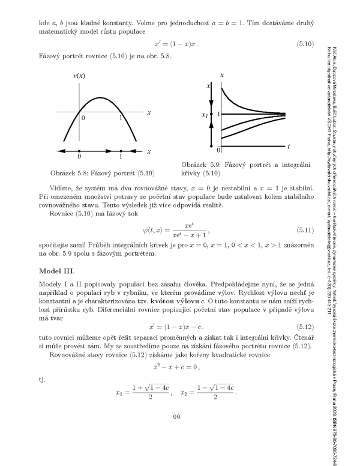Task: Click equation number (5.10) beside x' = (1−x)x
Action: coord(308,44)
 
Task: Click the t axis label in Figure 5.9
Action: coord(289,146)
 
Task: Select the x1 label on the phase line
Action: coord(205,114)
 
